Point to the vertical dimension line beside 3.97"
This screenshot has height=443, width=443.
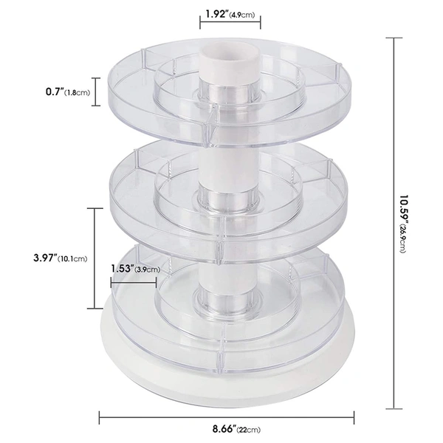(94, 258)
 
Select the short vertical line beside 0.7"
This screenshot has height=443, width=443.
(94, 92)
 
